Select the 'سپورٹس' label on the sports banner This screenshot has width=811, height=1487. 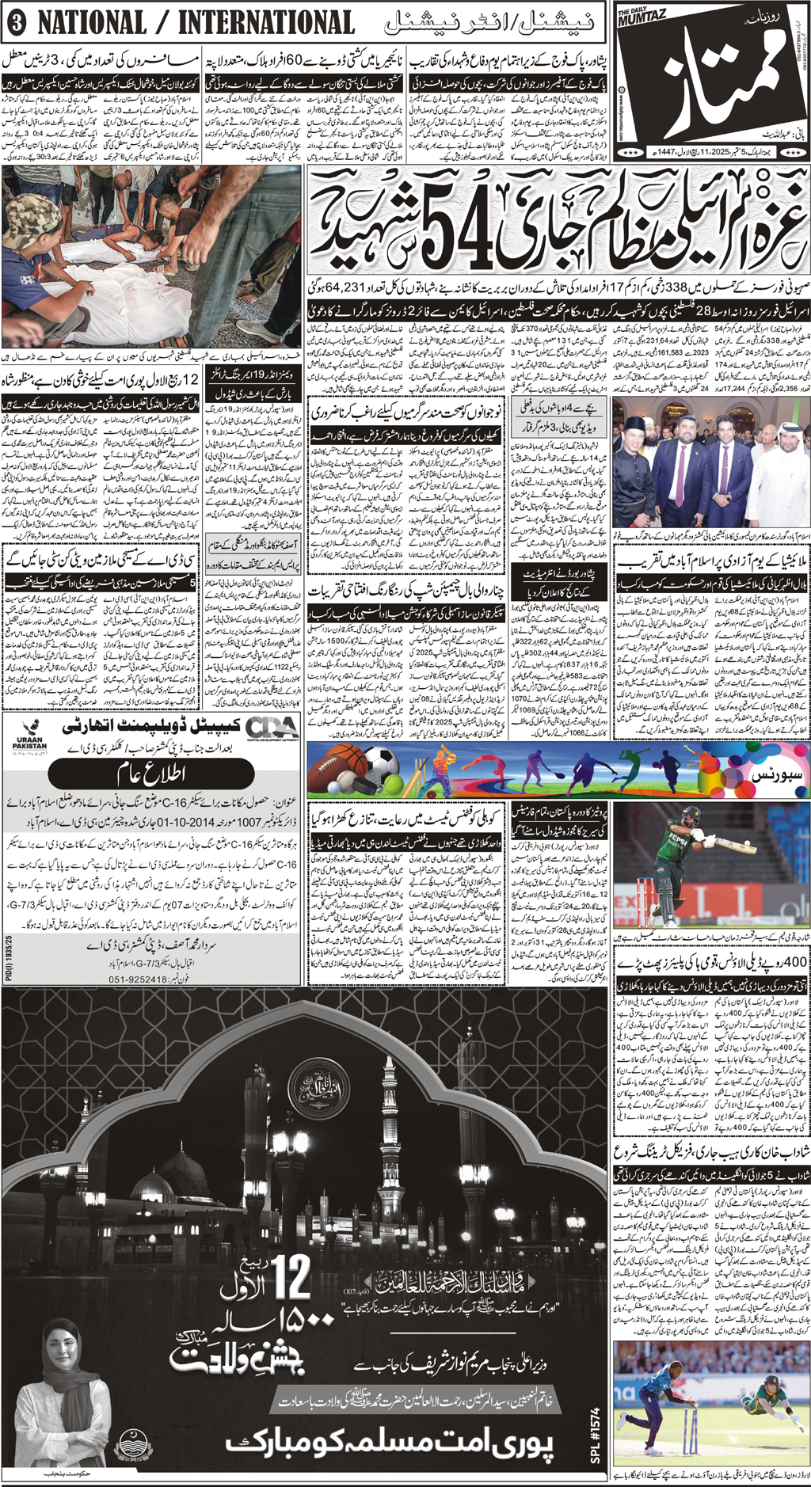click(x=776, y=770)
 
